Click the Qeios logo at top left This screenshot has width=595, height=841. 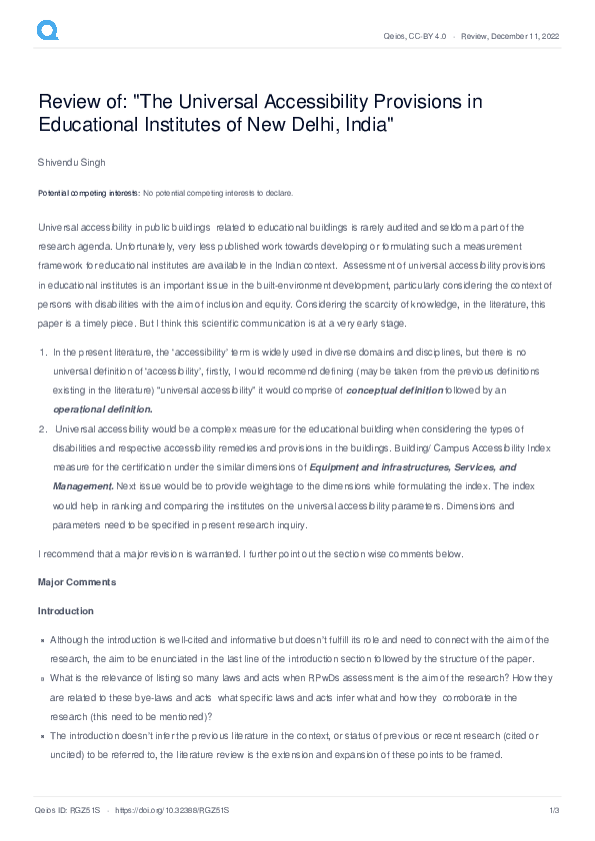(47, 31)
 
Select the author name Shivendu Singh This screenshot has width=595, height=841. (71, 162)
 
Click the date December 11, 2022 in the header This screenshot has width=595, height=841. (524, 36)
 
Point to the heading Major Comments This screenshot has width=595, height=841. (77, 582)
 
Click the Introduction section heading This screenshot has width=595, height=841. (66, 611)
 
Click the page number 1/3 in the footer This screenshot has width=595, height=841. (552, 809)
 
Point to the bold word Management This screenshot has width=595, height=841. (83, 485)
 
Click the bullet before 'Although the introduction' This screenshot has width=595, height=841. (42, 640)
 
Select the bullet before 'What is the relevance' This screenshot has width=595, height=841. (42, 679)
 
